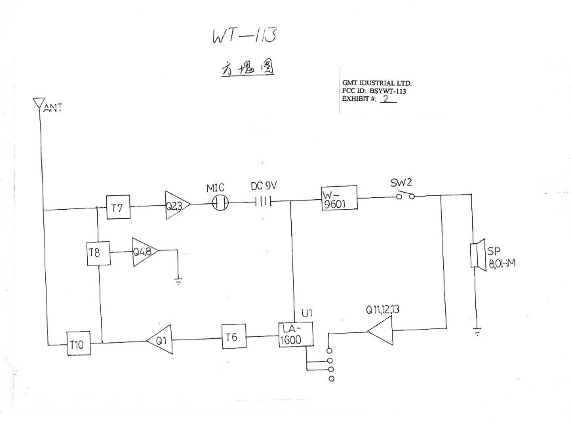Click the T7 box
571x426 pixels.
point(117,208)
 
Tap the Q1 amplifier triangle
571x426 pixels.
point(160,340)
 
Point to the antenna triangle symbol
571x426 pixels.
point(38,104)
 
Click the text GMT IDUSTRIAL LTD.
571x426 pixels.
point(376,83)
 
